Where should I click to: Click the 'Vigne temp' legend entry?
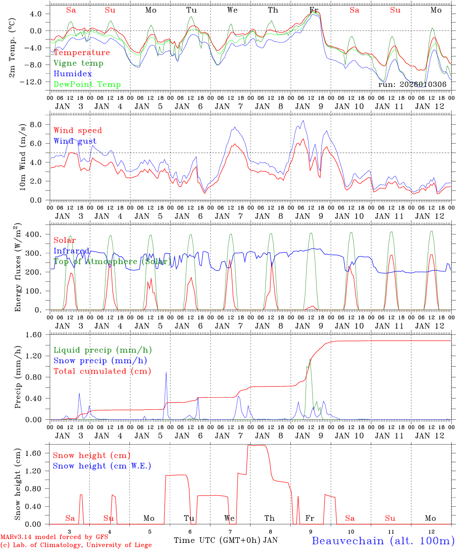coord(78,63)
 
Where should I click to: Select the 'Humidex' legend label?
coord(73,74)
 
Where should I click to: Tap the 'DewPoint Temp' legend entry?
coord(87,85)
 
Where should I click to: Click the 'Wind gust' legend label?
coord(75,141)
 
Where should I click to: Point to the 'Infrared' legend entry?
coord(71,251)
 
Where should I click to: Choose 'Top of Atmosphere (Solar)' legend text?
coord(112,262)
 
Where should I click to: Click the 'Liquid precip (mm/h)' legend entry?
coord(103,350)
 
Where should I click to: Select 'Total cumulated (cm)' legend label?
coord(102,371)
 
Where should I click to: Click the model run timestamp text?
coord(412,85)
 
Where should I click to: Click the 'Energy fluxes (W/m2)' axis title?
coord(18,267)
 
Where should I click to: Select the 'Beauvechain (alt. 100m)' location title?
coord(383,541)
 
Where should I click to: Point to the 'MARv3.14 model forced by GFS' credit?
coord(55,537)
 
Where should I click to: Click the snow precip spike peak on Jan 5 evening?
coord(166,372)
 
